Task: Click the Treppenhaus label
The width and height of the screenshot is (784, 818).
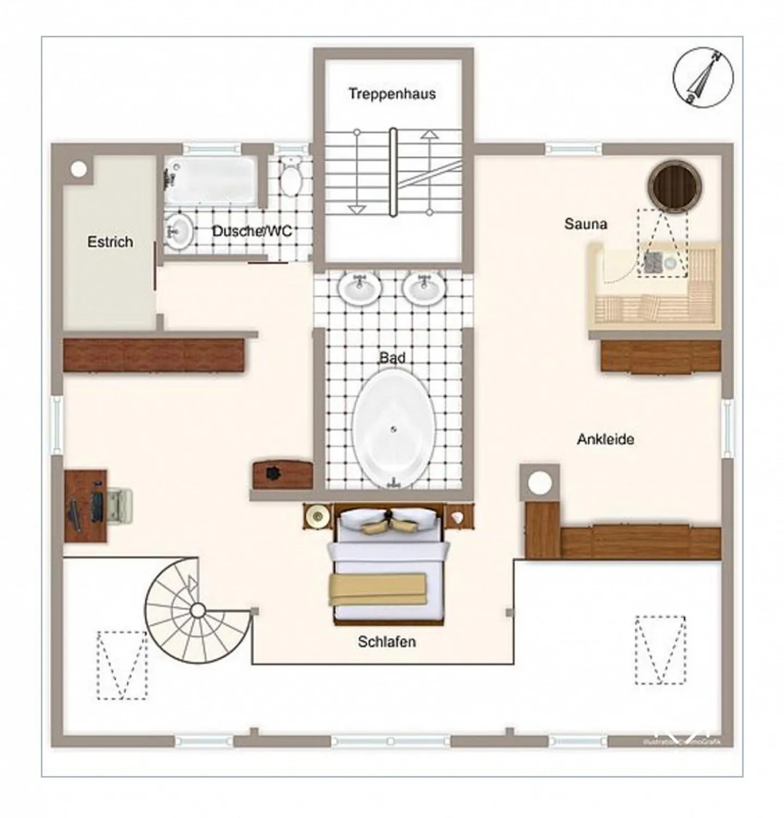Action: coord(392,94)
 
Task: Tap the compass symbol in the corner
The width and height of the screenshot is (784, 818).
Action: coord(703,77)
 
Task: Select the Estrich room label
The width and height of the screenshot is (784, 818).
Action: coord(110,242)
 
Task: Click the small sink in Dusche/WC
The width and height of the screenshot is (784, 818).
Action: coord(177,231)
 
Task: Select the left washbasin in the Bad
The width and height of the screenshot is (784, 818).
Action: coord(359,288)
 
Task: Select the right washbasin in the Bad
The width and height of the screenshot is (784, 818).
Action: coord(424,288)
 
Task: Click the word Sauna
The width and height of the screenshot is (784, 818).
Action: coord(585,224)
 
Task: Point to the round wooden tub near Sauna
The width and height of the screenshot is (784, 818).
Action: coord(674,186)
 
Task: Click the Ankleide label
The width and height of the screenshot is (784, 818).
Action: coord(605,439)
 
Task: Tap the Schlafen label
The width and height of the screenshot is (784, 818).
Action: coord(387,642)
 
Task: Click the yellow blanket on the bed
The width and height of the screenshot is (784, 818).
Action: coord(377,589)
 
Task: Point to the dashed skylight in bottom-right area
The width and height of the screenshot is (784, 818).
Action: coord(660,650)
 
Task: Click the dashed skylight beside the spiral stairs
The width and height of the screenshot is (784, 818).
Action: coord(121,665)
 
